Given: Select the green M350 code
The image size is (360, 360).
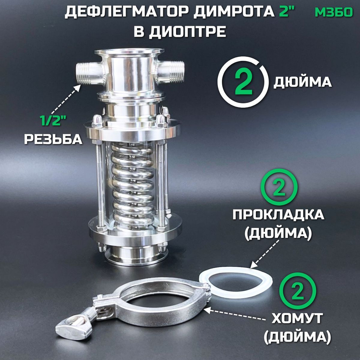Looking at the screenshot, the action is coord(334,12).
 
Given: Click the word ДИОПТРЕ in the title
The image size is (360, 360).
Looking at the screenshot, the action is coord(187,31).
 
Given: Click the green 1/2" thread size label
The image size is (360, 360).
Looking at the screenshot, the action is coord(53,120).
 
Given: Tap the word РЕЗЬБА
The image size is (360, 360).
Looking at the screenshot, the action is coord(53,139).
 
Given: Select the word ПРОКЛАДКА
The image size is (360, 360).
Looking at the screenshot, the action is coord(278,215).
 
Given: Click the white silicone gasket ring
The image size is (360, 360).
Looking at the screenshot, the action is coord(235,270).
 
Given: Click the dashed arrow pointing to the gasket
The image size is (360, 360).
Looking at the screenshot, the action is coord(265,254).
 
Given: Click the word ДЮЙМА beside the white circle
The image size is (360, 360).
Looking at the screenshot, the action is coord(302,82).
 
